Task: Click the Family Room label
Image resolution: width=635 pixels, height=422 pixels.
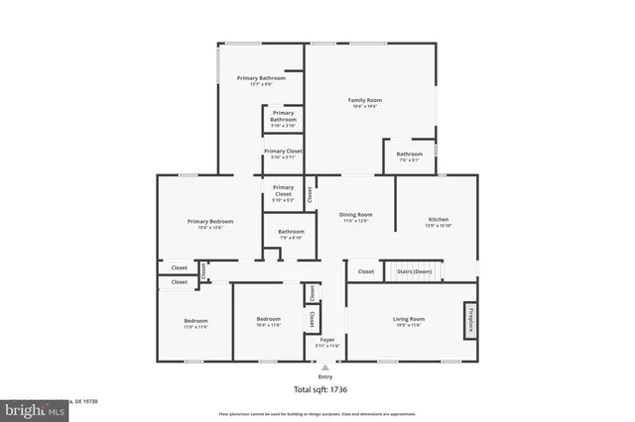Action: point(364,100)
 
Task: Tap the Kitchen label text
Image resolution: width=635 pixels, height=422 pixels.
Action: point(439,219)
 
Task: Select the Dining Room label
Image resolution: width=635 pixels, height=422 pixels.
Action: point(355,215)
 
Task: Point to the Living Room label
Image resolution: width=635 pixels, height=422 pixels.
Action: point(409,318)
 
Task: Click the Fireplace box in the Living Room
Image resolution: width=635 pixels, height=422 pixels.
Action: point(469,321)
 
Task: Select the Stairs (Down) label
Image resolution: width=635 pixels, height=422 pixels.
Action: point(414,270)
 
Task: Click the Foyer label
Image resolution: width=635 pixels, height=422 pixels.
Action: point(327,340)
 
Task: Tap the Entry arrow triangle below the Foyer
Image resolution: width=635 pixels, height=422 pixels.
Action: point(325,368)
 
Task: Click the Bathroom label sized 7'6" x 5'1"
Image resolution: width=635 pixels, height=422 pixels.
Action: point(410,154)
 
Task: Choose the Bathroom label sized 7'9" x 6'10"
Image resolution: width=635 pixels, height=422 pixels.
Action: point(291,232)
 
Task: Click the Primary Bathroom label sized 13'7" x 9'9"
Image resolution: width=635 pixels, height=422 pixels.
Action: point(261,77)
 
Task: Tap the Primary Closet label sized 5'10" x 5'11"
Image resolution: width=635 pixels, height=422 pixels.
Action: point(284,151)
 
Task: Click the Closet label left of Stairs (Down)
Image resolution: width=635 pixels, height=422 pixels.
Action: point(366,270)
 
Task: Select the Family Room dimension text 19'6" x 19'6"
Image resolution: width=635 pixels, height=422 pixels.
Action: point(364,107)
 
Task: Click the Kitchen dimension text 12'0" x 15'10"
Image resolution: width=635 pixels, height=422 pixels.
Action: point(439,226)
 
